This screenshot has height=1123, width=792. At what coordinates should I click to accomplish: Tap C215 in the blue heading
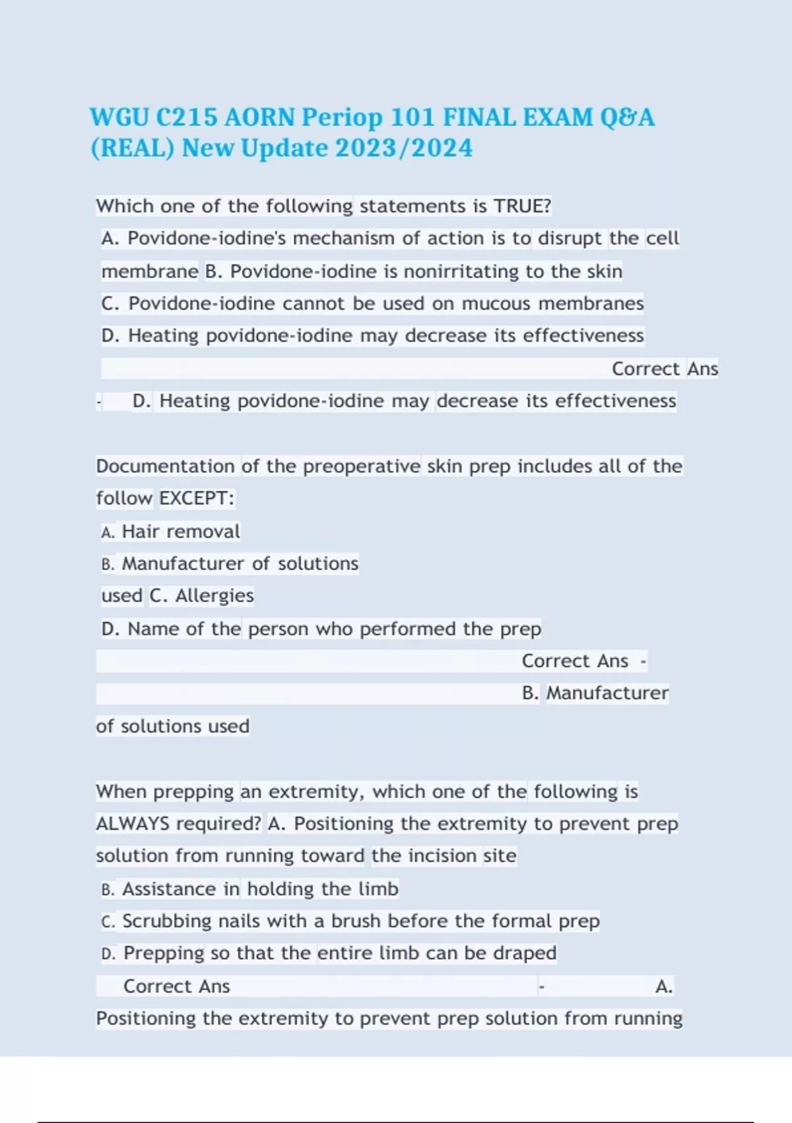tap(187, 118)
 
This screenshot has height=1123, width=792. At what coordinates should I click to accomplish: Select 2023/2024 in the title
tap(404, 148)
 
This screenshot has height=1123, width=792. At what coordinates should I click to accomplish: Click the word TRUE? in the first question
tap(522, 206)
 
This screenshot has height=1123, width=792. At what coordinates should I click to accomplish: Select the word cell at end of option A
tap(662, 238)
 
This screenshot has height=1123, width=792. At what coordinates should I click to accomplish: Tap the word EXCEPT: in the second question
tap(197, 497)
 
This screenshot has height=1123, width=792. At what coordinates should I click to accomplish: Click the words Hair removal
tap(181, 531)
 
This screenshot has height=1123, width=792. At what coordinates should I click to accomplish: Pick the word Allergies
tap(214, 595)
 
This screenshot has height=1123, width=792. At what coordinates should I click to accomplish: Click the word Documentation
tap(165, 466)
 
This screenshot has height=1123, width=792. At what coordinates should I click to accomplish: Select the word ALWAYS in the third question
tap(133, 824)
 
